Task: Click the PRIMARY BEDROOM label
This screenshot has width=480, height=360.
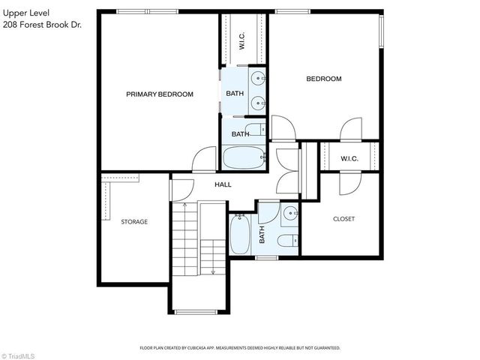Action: pyautogui.click(x=159, y=94)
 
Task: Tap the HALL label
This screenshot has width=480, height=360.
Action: pyautogui.click(x=223, y=184)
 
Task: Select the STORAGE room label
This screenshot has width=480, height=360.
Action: pyautogui.click(x=134, y=222)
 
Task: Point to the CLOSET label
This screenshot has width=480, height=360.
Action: pyautogui.click(x=343, y=219)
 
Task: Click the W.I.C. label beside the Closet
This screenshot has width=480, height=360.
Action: pyautogui.click(x=348, y=158)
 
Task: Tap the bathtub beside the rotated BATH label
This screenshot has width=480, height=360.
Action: pyautogui.click(x=241, y=234)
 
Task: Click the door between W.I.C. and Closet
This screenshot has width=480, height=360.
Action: pyautogui.click(x=349, y=181)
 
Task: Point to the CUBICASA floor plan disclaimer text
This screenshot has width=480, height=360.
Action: pyautogui.click(x=240, y=348)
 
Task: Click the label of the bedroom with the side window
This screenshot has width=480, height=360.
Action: pyautogui.click(x=323, y=79)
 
